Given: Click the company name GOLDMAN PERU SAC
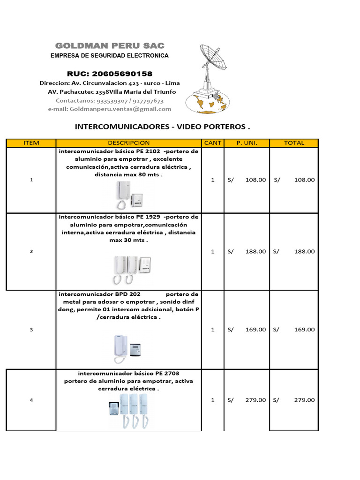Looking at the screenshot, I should pos(110,45).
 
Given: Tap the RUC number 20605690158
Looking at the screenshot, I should pos(110,74).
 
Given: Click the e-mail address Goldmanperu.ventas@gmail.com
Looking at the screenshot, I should pos(120,109).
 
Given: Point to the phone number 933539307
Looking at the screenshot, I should pos(113,100).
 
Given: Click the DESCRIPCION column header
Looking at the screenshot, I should pos(128,143).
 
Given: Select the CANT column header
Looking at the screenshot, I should pos(213,143).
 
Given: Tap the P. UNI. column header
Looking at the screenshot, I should pos(247,143).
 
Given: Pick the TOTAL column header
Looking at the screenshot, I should pos(294,143).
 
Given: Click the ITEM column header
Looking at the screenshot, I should pos(31,143).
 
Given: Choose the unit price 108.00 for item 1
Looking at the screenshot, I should pos(255,180).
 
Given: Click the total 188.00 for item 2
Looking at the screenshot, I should pos(304,251).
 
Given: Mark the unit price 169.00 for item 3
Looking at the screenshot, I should pos(255,330).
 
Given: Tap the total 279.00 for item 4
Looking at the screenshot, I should pos(304,400).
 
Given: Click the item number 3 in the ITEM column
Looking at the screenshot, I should pos(31,330).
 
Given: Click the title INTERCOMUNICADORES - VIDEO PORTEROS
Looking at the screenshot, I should pos(163,127).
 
